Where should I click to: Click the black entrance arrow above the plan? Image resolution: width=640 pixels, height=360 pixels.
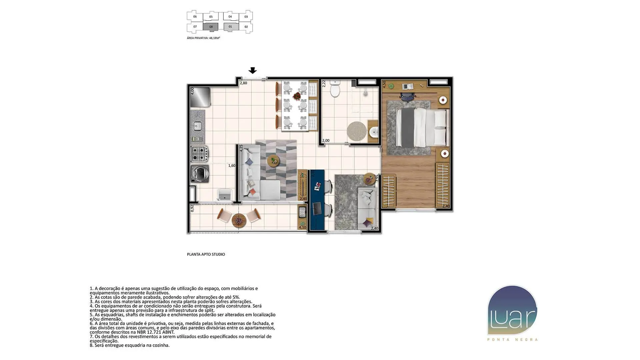click(253, 70)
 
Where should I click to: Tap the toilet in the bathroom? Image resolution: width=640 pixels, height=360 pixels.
click(335, 88)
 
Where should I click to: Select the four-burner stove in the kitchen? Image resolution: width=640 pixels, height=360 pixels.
click(199, 154)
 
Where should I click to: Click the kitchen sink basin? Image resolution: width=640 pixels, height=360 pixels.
click(197, 126)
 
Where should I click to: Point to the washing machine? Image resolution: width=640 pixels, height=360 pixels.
click(200, 173)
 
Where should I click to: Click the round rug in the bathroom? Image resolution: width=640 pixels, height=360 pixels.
click(357, 131)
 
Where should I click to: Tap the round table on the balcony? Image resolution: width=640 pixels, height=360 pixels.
click(239, 221)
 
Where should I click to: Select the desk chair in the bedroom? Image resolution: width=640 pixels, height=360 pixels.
click(407, 96)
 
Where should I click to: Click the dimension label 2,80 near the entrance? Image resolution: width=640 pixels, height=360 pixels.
click(243, 83)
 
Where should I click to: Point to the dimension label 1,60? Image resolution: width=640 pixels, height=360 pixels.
click(232, 166)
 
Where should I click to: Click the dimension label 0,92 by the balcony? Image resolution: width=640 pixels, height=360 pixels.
click(192, 208)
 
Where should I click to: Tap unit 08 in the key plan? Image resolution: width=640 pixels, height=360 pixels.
click(211, 27)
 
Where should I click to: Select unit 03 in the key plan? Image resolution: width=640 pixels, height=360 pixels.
click(246, 16)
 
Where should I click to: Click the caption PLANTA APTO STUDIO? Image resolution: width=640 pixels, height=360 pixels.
click(206, 254)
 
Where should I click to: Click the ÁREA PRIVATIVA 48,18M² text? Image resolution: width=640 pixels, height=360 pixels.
click(203, 38)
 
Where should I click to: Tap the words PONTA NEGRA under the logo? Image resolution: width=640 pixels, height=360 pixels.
click(512, 340)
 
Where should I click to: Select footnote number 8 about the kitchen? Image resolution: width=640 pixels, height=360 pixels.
click(130, 345)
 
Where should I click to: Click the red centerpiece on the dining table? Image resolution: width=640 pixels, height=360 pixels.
click(296, 97)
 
